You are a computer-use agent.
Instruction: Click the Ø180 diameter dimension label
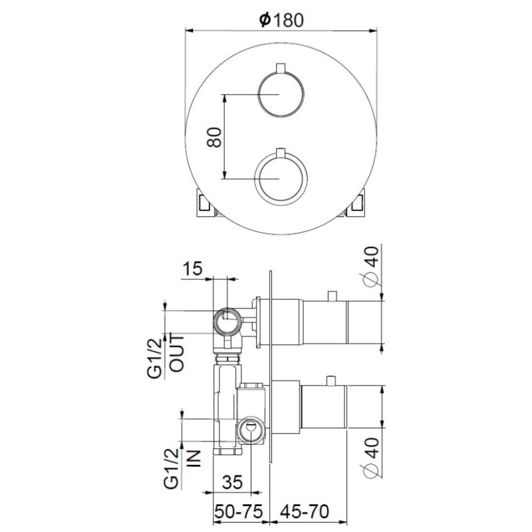pos(281,20)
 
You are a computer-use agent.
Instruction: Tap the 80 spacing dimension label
pos(214,137)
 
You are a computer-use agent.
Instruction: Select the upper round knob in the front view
pos(281,94)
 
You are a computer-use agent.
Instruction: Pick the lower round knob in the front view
pos(281,179)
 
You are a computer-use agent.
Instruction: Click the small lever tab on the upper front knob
pos(281,67)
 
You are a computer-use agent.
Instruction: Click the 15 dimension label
pos(192,269)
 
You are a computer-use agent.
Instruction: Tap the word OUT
pos(177,353)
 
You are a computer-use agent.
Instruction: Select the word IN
pos(194,458)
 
